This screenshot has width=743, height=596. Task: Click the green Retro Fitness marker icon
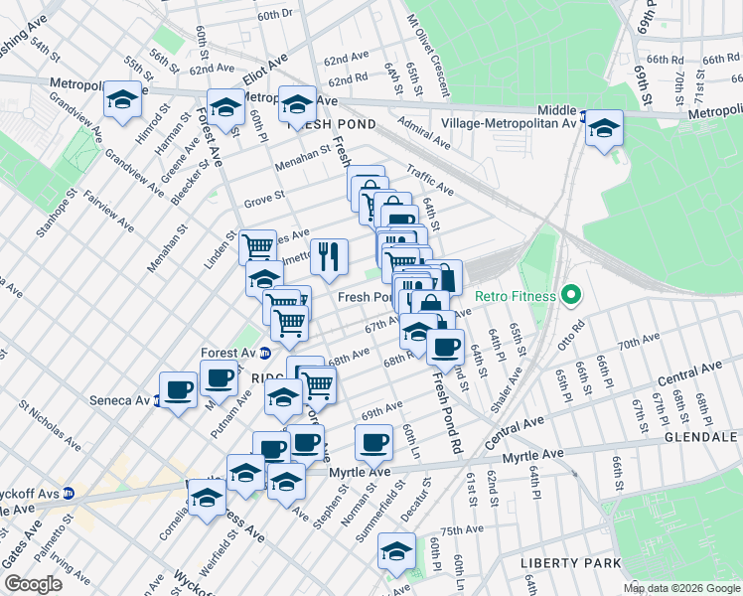570,295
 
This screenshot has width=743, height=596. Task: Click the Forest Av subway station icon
264,353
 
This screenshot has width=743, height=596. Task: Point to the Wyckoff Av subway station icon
68,493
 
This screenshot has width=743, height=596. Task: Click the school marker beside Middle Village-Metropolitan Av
603,128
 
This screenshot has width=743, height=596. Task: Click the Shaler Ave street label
514,384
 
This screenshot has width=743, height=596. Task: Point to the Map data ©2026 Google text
681,588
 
